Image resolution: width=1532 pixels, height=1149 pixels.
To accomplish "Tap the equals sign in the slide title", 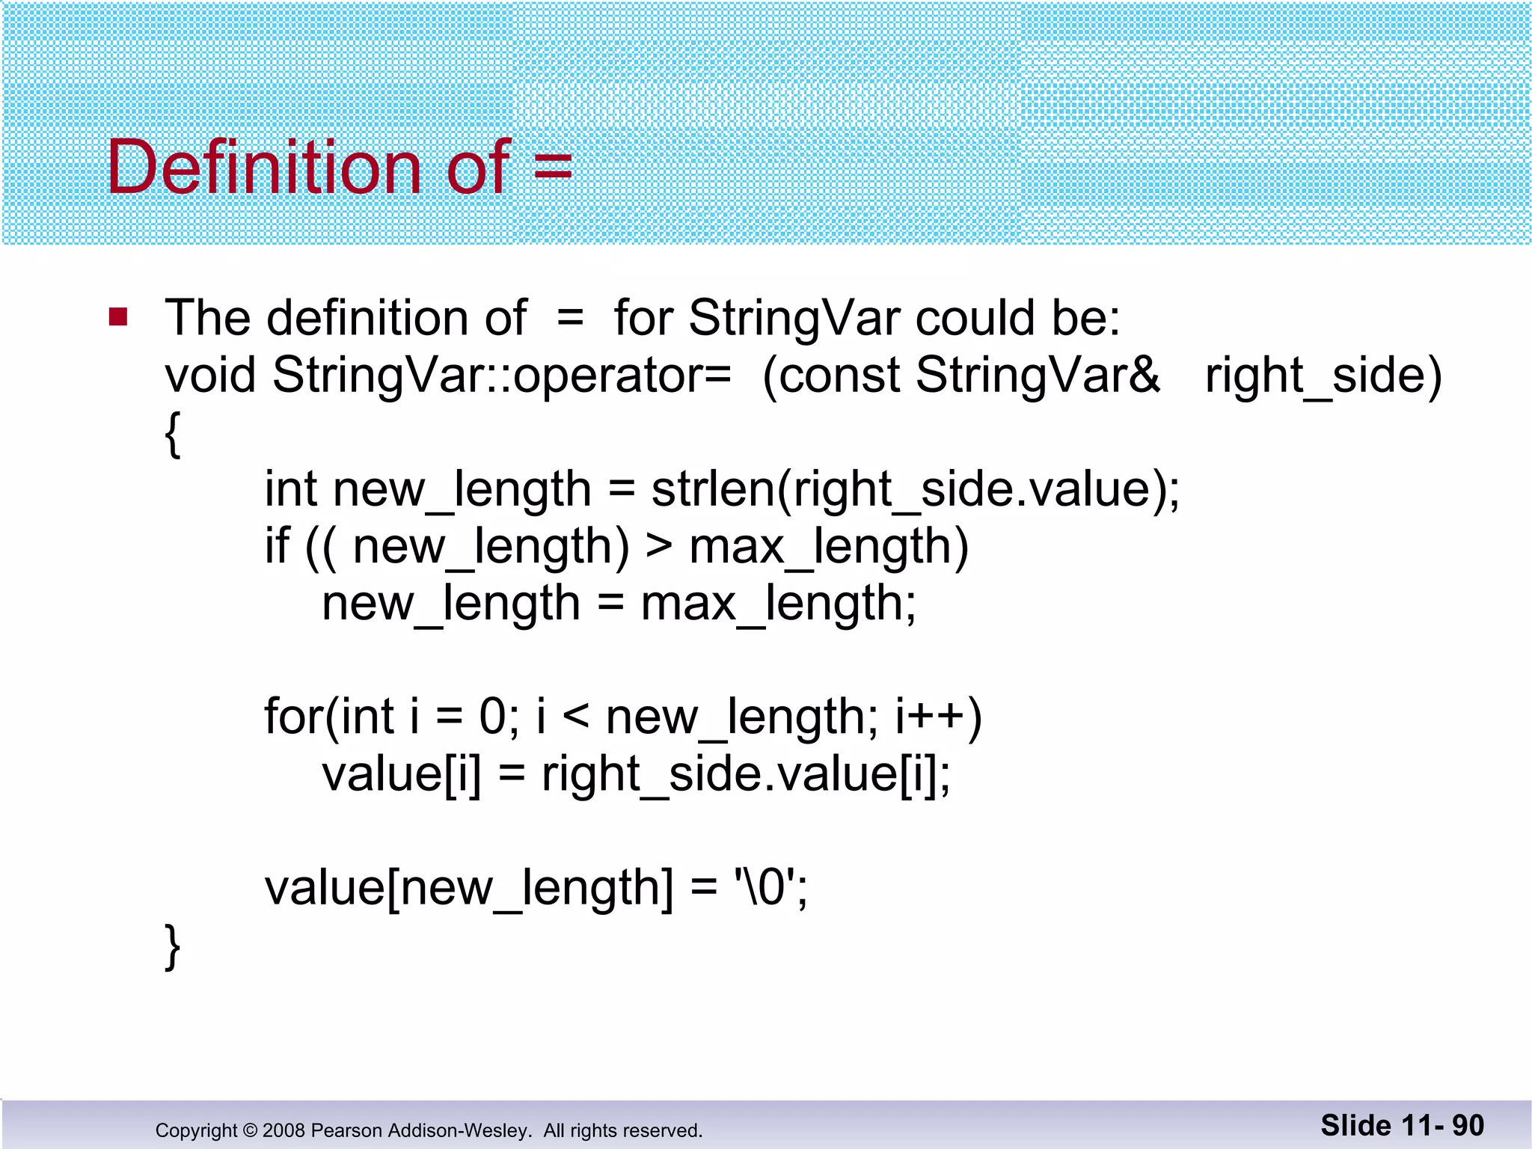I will pos(554,168).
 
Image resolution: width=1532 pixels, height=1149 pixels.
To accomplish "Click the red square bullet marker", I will pos(118,317).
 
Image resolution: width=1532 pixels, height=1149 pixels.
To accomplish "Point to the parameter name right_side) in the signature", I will pos(1323,376).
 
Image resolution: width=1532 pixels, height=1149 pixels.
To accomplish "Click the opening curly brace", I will pos(173,434).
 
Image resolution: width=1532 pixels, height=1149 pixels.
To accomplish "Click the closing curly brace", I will pos(173,946).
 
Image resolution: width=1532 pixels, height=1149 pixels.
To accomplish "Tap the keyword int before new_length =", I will pos(291,489).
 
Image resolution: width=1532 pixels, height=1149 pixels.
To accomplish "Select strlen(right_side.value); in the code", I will pos(915,491).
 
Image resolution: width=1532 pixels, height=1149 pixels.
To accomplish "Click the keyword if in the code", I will pos(277,546).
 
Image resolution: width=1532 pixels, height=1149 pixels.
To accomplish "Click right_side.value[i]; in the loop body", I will pos(746,775).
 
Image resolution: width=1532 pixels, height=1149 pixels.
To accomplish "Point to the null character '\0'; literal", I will pos(770,888).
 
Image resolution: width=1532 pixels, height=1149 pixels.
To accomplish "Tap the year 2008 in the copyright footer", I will pos(284,1130).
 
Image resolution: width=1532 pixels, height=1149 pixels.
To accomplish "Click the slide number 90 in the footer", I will pos(1468,1126).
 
